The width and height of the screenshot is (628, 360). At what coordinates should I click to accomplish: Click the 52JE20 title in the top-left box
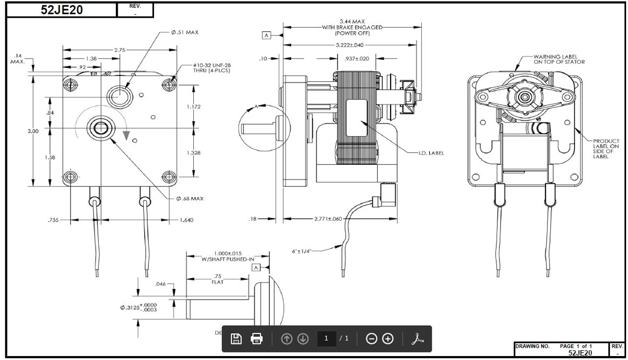point(62,10)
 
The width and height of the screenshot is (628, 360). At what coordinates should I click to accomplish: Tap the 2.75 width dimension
point(120,50)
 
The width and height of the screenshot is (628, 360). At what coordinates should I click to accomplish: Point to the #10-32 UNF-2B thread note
point(211,68)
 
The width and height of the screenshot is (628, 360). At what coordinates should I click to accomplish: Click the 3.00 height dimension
point(33,131)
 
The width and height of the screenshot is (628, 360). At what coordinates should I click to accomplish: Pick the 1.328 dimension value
point(194,153)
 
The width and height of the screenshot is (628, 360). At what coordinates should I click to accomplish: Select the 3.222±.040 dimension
point(349,45)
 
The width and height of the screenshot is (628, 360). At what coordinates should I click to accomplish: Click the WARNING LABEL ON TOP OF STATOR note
point(559,59)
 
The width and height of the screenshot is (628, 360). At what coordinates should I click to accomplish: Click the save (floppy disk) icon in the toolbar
point(236,338)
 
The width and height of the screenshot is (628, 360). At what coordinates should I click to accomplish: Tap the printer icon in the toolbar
point(257,338)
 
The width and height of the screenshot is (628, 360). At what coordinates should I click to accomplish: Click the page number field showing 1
point(326,338)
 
